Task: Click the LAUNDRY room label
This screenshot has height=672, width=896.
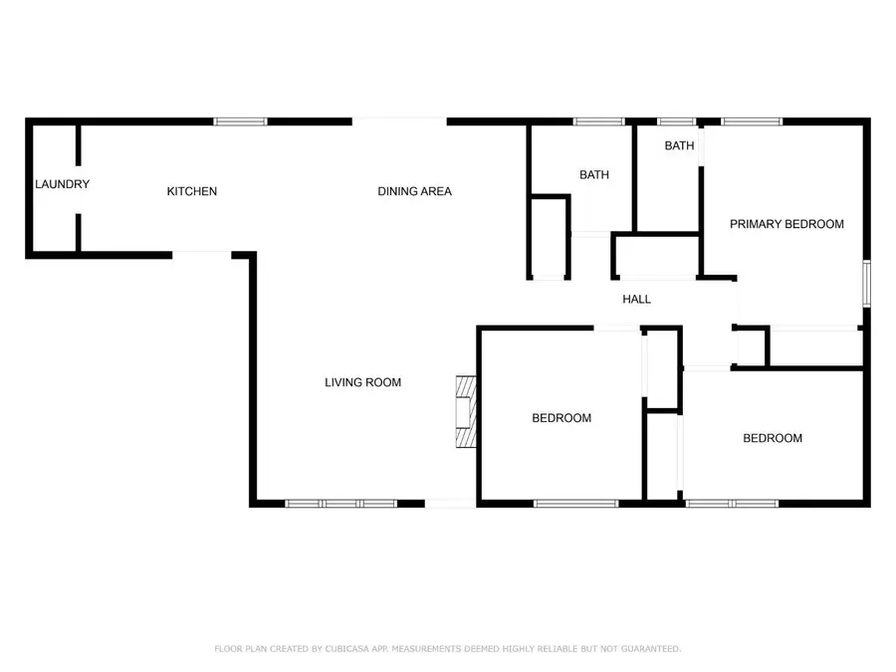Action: coord(63,184)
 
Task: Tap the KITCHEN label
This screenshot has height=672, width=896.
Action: coord(192,191)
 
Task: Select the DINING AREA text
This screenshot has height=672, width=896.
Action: coord(415,191)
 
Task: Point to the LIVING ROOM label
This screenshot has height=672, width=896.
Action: coord(362,382)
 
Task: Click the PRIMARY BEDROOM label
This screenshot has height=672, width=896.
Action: coord(786,224)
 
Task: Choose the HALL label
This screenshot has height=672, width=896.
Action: coord(636,299)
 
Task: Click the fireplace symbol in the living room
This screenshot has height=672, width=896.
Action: coord(466,411)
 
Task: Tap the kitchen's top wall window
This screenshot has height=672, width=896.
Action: coord(240,121)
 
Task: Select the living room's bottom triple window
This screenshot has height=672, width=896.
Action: coord(341,504)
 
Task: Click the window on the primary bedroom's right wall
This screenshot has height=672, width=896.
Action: coord(867,284)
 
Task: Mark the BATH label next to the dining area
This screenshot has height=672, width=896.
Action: coord(594,175)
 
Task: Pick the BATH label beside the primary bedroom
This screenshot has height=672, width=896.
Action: coord(679,145)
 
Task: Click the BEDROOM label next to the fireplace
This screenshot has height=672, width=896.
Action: coord(561,418)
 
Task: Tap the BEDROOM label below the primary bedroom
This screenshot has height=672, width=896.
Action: coord(773,438)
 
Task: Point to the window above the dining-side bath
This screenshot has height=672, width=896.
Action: coord(599,121)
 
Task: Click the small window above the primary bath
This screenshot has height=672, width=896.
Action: coord(677,121)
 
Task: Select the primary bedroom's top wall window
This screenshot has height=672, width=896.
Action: coord(752,121)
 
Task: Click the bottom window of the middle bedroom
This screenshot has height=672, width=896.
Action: coord(576,504)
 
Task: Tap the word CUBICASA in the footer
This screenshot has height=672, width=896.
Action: coord(346,648)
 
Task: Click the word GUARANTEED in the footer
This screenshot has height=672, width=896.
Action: coord(651,648)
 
